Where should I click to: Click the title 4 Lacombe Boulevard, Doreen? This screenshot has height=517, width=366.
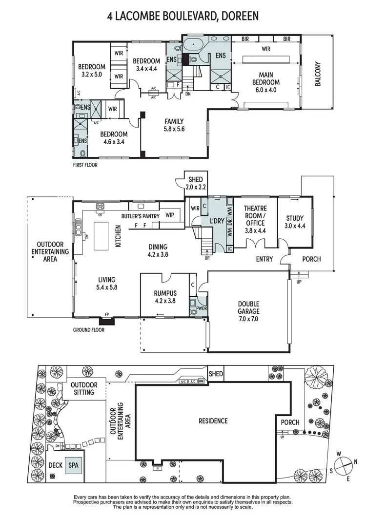pos(183,17)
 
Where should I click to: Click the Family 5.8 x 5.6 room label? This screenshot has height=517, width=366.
pos(174,125)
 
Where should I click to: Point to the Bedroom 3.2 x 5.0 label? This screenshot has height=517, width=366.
pos(92,71)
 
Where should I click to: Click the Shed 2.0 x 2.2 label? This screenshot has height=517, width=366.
pos(195,183)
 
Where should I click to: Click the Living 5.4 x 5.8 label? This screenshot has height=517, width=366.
pos(106,284)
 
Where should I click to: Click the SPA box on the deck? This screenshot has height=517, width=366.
pos(73,465)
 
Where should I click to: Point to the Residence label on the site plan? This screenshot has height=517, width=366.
pos(213,421)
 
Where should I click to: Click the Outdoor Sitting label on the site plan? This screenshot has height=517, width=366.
pos(85,388)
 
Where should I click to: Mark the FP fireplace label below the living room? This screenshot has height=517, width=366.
pos(107,315)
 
